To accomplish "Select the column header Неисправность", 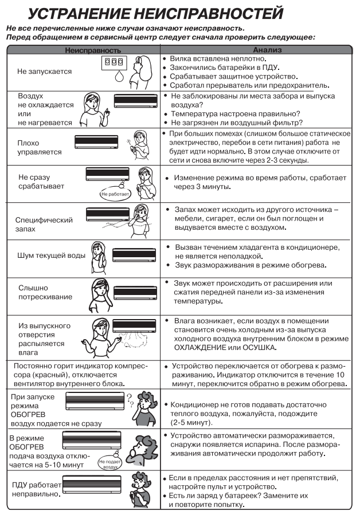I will [x=84, y=50].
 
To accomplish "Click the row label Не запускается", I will [x=44, y=72].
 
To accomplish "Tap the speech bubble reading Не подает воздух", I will [x=109, y=464].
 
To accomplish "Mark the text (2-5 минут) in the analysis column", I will [x=191, y=423].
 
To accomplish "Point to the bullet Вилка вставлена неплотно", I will [x=220, y=59].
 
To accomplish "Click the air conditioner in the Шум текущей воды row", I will [x=134, y=255].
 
